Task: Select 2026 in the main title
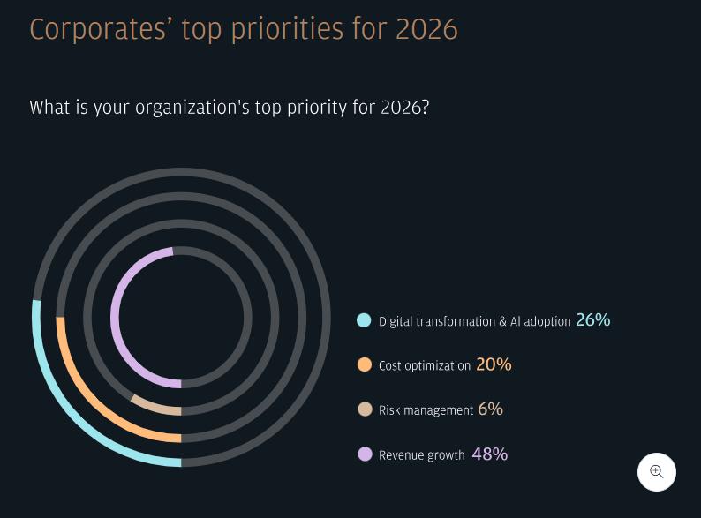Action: (x=426, y=30)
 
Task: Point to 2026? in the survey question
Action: (x=404, y=108)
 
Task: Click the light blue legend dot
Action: (x=364, y=320)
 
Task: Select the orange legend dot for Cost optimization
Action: (x=365, y=364)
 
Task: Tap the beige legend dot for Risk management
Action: (x=365, y=409)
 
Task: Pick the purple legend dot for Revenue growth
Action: (x=365, y=454)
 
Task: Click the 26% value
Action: (x=592, y=320)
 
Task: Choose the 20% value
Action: (x=494, y=364)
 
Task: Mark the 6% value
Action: (x=490, y=409)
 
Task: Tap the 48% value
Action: (x=489, y=454)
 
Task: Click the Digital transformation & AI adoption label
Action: (x=474, y=322)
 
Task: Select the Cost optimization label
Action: (x=424, y=366)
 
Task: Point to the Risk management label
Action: (x=426, y=411)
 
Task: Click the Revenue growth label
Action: (x=421, y=456)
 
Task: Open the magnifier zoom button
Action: (x=657, y=472)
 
